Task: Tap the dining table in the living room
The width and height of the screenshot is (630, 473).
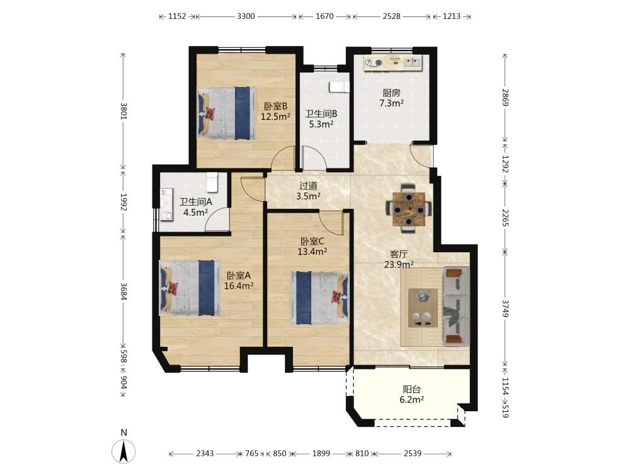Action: coord(409,209)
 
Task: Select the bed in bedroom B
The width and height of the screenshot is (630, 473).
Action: coord(227,114)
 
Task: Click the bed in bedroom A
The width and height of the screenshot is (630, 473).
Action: coord(190,288)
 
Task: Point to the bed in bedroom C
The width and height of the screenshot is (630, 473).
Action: coord(320,298)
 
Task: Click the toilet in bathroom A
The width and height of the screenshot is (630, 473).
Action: coord(212,182)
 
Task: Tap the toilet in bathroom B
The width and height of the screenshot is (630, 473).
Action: coord(340,87)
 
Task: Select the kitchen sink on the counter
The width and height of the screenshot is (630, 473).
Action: coord(412,62)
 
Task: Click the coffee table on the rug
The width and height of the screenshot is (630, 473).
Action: coord(423,308)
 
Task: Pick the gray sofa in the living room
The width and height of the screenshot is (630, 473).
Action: coord(456,306)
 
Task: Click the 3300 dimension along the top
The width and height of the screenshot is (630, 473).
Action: coord(246,16)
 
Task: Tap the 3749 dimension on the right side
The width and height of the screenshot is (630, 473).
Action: coord(505,308)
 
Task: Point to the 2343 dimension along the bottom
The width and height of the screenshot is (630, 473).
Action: coord(205,453)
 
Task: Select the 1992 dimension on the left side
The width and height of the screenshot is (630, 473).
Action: coord(123,202)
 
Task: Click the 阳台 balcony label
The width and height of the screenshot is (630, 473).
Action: coord(412,389)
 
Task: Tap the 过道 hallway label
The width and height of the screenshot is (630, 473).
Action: coord(309,186)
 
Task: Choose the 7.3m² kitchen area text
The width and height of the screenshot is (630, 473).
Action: coord(392,103)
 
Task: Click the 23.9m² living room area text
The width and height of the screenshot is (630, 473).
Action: coord(399,264)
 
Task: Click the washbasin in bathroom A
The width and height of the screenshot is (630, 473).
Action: coord(166,204)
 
